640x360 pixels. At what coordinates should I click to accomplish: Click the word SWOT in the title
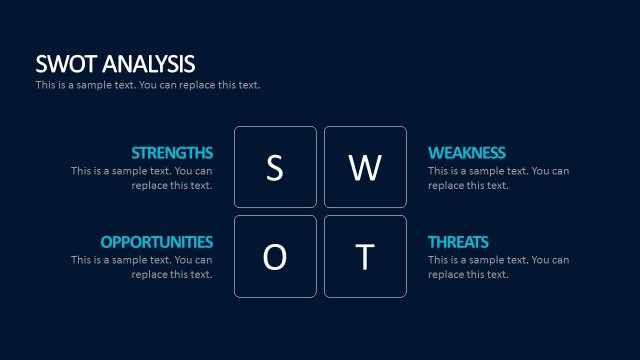pyautogui.click(x=63, y=64)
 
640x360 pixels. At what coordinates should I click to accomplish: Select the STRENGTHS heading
pyautogui.click(x=172, y=153)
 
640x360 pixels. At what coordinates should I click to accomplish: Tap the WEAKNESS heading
pyautogui.click(x=467, y=153)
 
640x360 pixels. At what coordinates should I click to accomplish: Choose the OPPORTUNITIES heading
pyautogui.click(x=157, y=242)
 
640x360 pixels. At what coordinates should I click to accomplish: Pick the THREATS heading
pyautogui.click(x=458, y=242)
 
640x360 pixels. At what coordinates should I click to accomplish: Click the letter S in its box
pyautogui.click(x=275, y=168)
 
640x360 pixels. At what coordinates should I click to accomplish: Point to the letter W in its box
pyautogui.click(x=365, y=168)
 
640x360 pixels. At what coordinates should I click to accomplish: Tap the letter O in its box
pyautogui.click(x=275, y=257)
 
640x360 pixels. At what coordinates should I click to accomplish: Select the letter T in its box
pyautogui.click(x=365, y=257)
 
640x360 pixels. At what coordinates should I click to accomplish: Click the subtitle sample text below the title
pyautogui.click(x=148, y=85)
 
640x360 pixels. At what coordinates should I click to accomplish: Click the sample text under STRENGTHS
pyautogui.click(x=142, y=178)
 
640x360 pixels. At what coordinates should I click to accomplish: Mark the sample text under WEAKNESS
pyautogui.click(x=499, y=178)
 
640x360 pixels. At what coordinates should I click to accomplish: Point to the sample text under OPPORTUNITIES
pyautogui.click(x=142, y=267)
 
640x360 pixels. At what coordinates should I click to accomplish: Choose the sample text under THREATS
pyautogui.click(x=499, y=267)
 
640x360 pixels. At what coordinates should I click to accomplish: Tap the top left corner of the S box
pyautogui.click(x=236, y=128)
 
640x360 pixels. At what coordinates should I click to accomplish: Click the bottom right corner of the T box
pyautogui.click(x=405, y=296)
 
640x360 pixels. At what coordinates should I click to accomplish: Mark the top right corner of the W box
pyautogui.click(x=405, y=128)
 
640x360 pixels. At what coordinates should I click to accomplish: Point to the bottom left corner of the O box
pyautogui.click(x=236, y=296)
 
